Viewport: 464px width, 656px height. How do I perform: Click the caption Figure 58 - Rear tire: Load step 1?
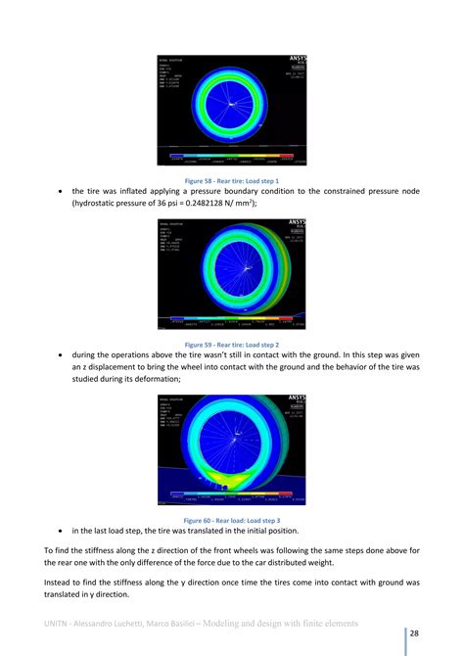point(231,180)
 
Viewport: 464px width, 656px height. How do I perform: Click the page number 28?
point(415,633)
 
